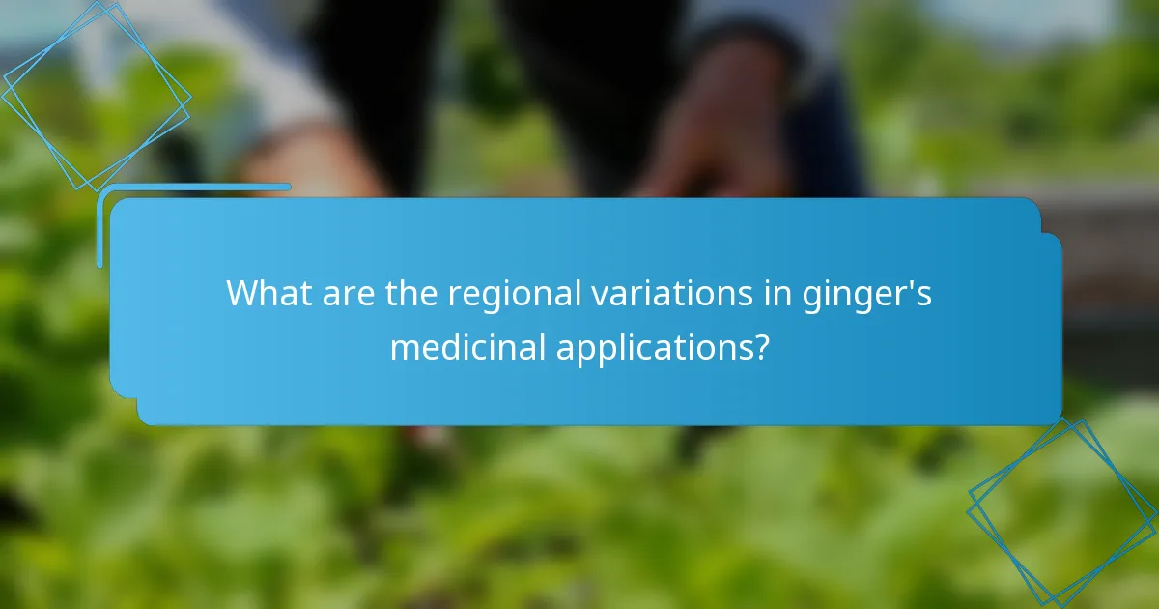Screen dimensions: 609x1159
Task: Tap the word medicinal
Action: (466, 346)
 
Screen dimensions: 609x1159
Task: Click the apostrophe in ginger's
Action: (909, 282)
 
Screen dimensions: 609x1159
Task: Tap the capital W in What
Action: (241, 293)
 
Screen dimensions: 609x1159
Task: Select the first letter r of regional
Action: (453, 295)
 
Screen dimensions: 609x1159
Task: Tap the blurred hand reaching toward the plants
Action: (715, 145)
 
